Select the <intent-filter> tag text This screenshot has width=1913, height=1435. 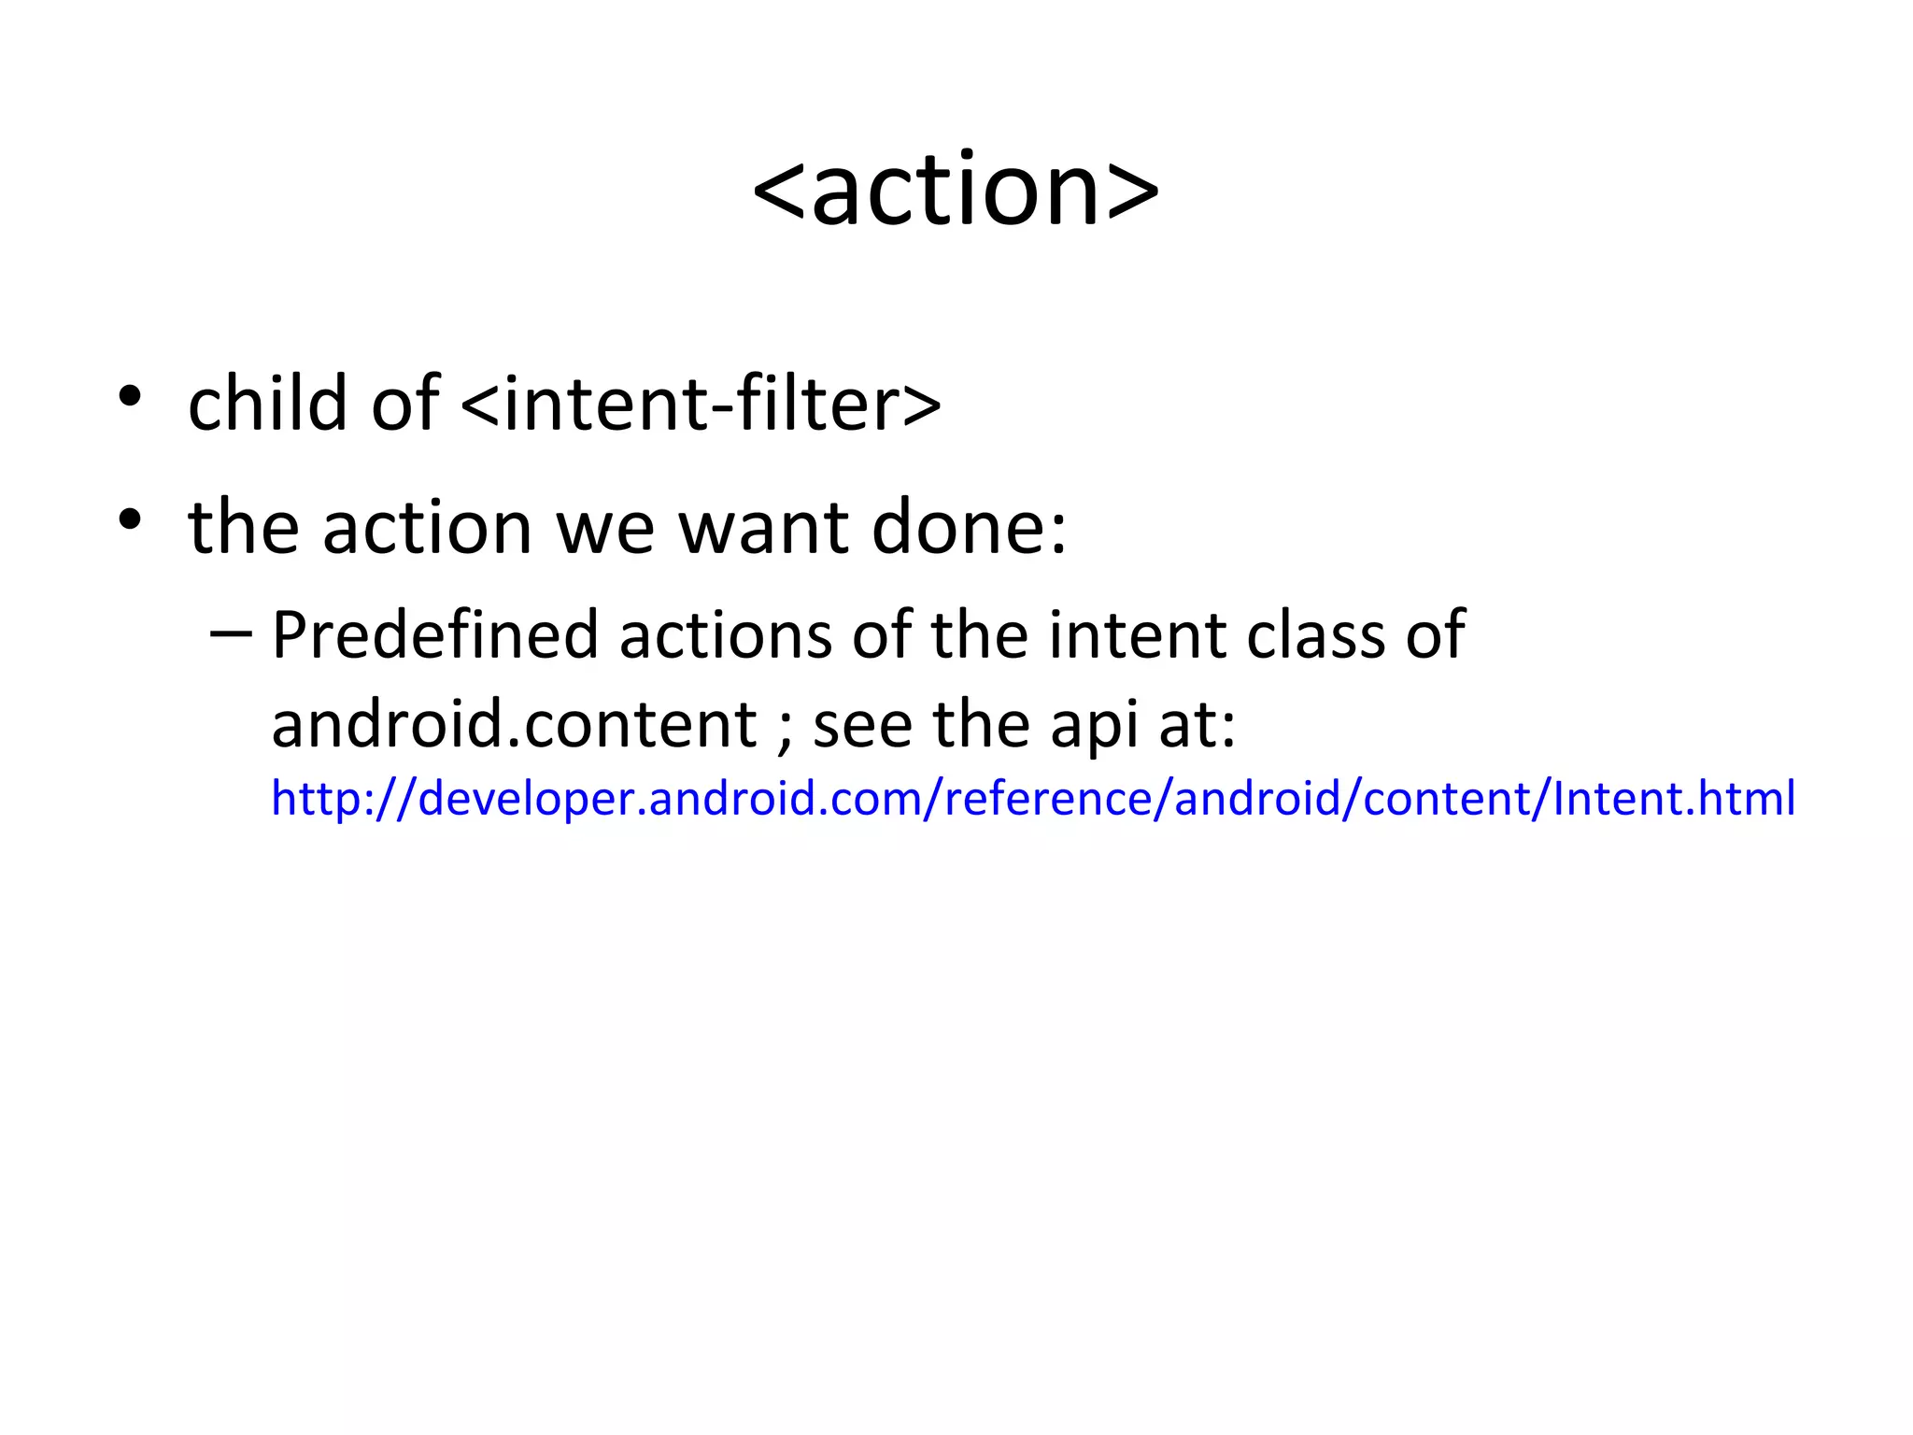[701, 403]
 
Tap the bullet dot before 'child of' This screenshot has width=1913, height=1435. [130, 396]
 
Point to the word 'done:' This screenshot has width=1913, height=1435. [969, 528]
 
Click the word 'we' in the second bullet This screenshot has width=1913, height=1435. [605, 528]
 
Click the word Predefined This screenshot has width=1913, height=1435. [434, 635]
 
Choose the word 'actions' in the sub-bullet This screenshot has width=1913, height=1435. [724, 635]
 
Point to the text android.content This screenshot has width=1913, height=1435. [514, 724]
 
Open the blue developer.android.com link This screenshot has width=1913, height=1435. [1032, 799]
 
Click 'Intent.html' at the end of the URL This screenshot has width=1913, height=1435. [1673, 799]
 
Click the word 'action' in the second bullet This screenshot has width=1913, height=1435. [428, 528]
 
